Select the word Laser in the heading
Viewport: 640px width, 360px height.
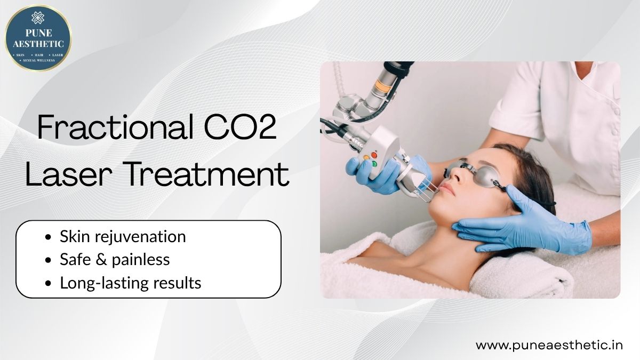69,174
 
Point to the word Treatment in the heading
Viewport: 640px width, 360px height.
207,174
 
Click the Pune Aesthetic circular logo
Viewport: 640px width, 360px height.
38,38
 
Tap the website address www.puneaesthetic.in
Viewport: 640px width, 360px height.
549,345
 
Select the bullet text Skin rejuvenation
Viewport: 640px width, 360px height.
123,237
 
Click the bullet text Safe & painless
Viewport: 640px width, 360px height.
115,260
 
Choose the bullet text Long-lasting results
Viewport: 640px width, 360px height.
131,283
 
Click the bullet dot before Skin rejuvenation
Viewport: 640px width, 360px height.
49,237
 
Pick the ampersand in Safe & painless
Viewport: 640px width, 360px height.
101,259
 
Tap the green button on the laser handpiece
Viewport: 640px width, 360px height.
374,164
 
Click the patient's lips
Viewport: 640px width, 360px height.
446,189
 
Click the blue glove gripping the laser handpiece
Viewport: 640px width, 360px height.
380,174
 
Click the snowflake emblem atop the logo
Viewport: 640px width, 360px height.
38,18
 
